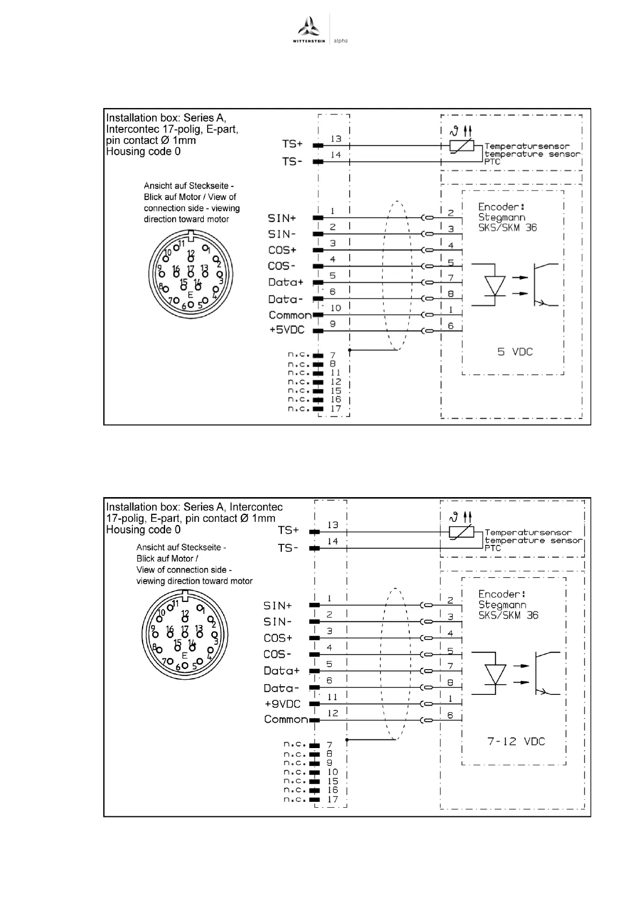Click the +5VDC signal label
click(x=287, y=329)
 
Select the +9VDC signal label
click(x=282, y=703)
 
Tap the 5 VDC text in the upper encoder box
click(x=515, y=352)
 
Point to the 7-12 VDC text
click(x=516, y=742)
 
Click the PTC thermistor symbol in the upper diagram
click(x=461, y=145)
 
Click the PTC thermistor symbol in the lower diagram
click(x=461, y=532)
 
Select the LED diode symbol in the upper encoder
click(x=494, y=285)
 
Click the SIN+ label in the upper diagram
click(x=282, y=218)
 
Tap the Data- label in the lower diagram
click(x=281, y=688)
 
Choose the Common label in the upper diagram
click(x=290, y=315)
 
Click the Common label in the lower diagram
click(x=286, y=719)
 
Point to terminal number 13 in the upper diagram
click(x=336, y=139)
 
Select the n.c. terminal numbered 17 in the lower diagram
click(x=333, y=799)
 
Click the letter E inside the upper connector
click(x=190, y=295)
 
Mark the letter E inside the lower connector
click(x=184, y=655)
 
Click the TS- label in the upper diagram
click(x=292, y=161)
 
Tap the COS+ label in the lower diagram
click(x=278, y=638)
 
